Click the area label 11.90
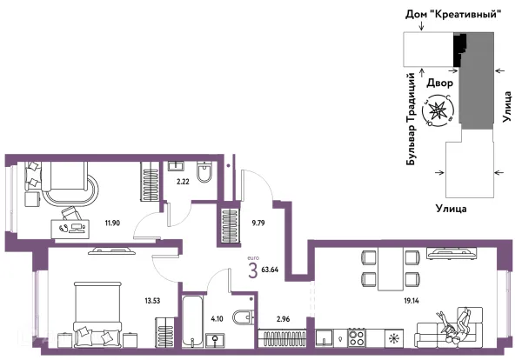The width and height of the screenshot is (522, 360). point(112,223)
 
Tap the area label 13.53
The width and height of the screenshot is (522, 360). point(152,301)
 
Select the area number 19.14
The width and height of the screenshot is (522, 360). point(412,301)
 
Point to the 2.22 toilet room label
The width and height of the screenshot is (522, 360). point(183,182)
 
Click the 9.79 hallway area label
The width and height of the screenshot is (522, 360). point(258,223)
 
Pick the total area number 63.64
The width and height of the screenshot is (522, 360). point(270,270)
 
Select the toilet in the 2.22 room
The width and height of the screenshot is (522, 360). point(204,171)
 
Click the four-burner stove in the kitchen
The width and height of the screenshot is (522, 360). point(357,338)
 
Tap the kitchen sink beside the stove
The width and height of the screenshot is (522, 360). point(325,338)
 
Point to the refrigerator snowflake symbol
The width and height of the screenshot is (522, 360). point(394,338)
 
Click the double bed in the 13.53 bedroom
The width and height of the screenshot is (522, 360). point(97,315)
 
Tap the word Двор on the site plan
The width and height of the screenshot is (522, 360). point(439,83)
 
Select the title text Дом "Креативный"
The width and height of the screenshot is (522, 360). point(453,14)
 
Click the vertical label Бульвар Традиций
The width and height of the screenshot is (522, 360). point(412,119)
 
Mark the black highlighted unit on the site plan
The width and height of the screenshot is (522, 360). point(459,50)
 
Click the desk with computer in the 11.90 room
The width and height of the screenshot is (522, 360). point(70,229)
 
